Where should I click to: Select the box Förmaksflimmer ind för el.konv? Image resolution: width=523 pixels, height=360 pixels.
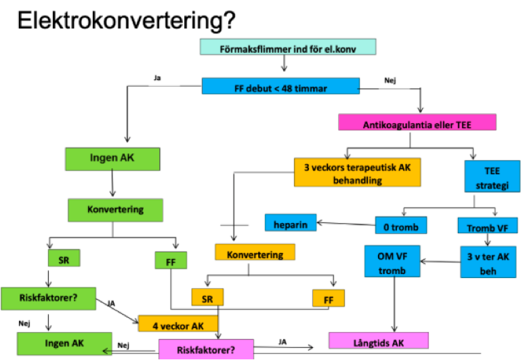coord(288,48)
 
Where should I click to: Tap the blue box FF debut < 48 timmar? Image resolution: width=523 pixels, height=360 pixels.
coord(280,86)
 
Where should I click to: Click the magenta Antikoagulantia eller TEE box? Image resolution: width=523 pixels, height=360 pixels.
coord(417,122)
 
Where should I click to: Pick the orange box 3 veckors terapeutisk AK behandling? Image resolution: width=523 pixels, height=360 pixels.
coord(358,174)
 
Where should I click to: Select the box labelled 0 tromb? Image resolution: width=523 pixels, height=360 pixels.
coord(396,224)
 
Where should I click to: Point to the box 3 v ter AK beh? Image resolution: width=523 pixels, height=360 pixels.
coord(488,261)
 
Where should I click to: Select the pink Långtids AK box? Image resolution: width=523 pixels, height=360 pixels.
coord(378,340)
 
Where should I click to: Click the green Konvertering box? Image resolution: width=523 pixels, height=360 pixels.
coord(115,209)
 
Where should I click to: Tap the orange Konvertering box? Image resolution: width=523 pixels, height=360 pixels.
coord(255,252)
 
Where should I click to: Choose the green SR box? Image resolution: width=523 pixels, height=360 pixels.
coord(64,258)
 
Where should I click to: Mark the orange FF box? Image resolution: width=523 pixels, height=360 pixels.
coord(328,298)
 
